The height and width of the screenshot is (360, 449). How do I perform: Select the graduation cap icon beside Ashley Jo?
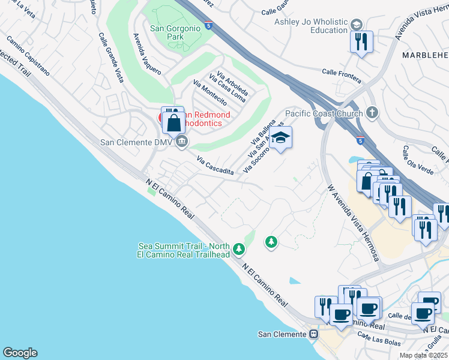(356, 25)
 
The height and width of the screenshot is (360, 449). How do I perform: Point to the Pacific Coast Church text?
(324, 113)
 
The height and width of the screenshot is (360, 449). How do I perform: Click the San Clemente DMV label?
(136, 142)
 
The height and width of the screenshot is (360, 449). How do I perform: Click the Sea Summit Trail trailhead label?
(184, 250)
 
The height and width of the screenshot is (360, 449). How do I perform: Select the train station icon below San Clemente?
(313, 334)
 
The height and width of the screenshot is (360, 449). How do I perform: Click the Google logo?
(19, 353)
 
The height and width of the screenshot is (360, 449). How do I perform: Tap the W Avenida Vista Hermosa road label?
(354, 222)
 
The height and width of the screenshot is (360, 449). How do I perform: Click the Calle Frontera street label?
(341, 75)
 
